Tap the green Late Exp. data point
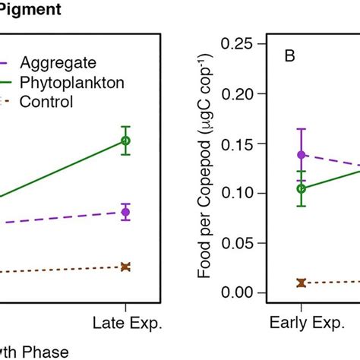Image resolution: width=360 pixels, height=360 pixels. click(126, 141)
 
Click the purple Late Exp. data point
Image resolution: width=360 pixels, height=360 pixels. click(126, 212)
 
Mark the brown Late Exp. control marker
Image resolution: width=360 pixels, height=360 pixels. click(126, 267)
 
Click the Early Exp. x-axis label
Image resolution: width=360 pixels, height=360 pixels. click(302, 324)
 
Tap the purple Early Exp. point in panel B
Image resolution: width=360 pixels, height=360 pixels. click(302, 155)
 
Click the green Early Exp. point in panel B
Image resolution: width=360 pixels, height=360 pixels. click(302, 188)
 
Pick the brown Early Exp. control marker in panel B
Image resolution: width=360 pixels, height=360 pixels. click(302, 283)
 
